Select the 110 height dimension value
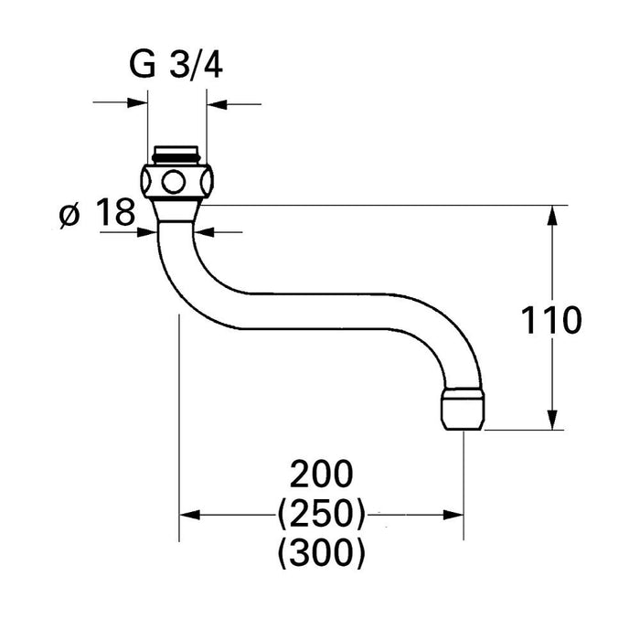coord(550,321)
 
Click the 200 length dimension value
coord(321,475)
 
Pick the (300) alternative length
coord(321,551)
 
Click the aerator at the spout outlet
coord(464,409)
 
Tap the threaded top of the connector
coord(177,153)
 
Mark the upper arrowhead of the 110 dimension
coord(553,215)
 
